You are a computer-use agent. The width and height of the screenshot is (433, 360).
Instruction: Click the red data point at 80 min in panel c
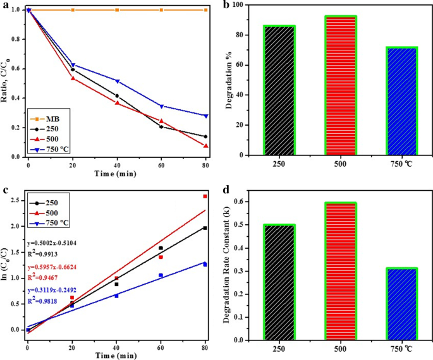205,196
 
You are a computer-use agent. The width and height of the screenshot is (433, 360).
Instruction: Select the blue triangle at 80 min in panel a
205,116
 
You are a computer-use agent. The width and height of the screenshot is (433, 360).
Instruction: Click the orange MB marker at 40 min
117,10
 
